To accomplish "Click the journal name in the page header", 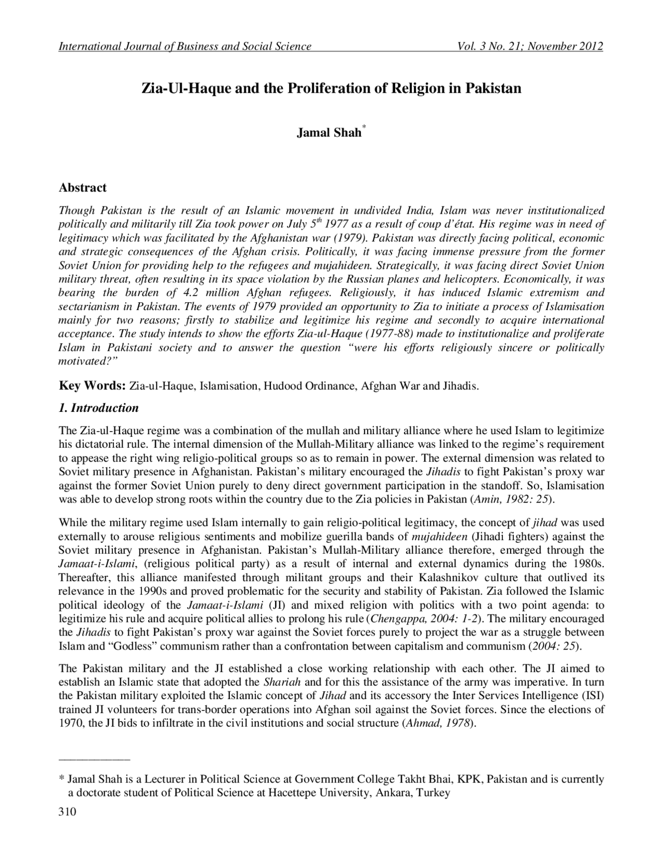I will (x=185, y=47).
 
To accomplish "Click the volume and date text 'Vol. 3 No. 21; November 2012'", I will (x=530, y=47).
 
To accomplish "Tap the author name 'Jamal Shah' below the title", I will (x=329, y=133).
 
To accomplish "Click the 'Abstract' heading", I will (x=83, y=187).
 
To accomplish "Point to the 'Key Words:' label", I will (x=93, y=386).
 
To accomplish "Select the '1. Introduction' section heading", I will (x=99, y=408).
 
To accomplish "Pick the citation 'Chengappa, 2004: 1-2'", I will (x=425, y=619).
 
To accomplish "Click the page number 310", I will (x=67, y=811).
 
